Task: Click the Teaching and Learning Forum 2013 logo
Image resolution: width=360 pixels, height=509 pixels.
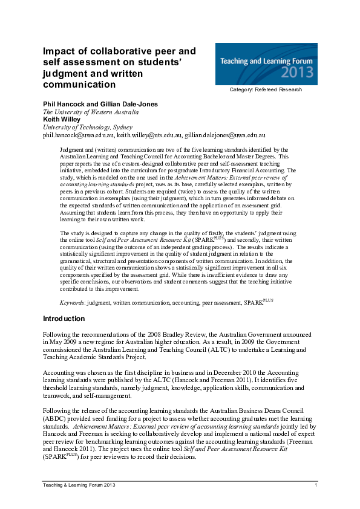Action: tap(266, 64)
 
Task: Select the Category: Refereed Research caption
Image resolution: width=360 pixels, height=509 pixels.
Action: tap(266, 90)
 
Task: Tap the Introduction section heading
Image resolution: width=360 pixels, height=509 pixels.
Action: tap(64, 319)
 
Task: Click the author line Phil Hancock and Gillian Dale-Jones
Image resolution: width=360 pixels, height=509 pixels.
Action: tap(100, 104)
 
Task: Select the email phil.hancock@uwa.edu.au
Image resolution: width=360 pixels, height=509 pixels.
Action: tap(77, 136)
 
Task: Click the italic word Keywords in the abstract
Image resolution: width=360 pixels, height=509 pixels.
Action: tap(71, 301)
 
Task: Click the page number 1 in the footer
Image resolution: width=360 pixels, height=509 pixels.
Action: tap(316, 485)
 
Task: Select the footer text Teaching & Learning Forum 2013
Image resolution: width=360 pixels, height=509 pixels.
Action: tap(79, 485)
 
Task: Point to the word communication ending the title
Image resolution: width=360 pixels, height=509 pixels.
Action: tap(79, 85)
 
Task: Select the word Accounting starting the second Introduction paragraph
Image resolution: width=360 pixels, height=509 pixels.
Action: tap(59, 374)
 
